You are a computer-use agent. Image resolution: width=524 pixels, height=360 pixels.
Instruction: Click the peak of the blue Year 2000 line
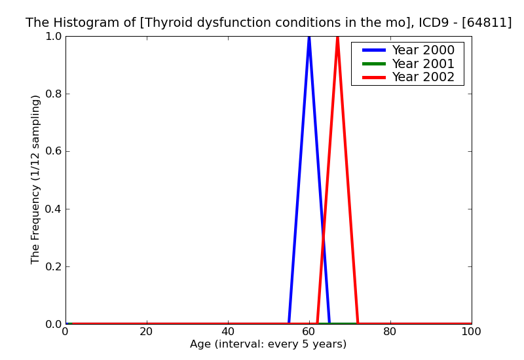(309, 37)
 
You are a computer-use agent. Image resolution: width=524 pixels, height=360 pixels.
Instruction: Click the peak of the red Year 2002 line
(337, 37)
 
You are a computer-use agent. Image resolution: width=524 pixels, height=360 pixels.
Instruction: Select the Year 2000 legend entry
(422, 50)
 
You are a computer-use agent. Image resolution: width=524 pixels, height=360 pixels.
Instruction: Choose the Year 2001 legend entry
(422, 63)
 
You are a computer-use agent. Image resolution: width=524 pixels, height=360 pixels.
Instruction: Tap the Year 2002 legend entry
(422, 77)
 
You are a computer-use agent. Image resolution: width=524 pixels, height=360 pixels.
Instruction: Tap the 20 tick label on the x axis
(147, 331)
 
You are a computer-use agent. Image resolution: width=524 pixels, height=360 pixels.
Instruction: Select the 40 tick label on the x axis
(228, 331)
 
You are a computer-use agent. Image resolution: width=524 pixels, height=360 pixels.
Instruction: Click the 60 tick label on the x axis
(309, 331)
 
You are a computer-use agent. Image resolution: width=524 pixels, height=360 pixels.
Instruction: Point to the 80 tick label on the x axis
(390, 331)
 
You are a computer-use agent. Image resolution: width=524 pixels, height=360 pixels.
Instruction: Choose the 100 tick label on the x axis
(471, 331)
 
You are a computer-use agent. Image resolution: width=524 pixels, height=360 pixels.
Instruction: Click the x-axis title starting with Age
(269, 344)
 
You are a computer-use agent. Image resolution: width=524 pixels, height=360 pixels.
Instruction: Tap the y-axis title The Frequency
(36, 179)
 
